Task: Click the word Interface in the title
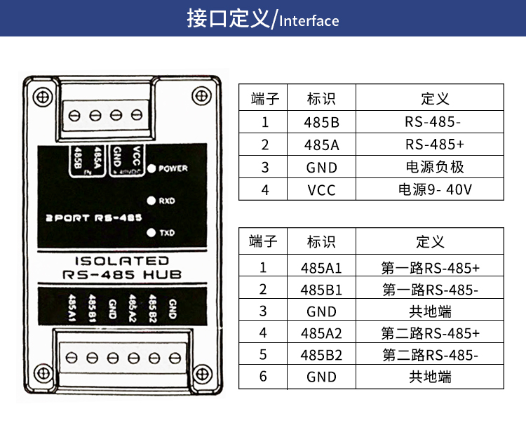pyautogui.click(x=309, y=20)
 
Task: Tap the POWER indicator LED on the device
pyautogui.click(x=151, y=169)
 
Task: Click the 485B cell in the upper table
pyautogui.click(x=321, y=122)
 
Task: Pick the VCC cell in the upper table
pyautogui.click(x=321, y=190)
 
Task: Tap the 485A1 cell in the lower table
pyautogui.click(x=321, y=267)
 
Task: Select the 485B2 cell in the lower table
pyautogui.click(x=321, y=355)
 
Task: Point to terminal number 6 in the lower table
pyautogui.click(x=264, y=377)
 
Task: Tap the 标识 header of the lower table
pyautogui.click(x=321, y=242)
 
